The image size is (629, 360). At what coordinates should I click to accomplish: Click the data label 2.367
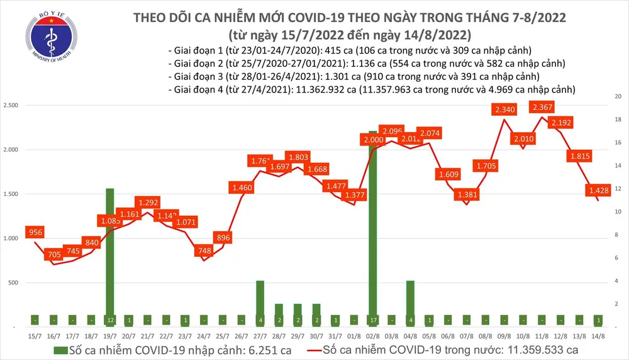[542, 107]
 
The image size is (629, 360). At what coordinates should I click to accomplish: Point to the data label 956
[35, 232]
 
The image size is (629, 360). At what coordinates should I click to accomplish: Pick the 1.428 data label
[598, 189]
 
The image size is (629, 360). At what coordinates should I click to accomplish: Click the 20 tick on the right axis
[618, 96]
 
